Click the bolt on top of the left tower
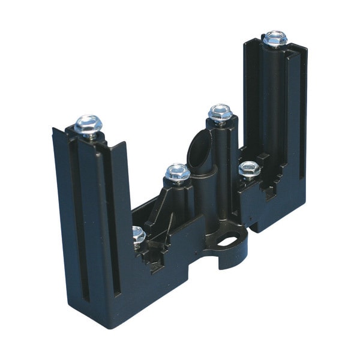click(x=88, y=125)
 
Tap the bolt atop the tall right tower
click(x=275, y=38)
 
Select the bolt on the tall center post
click(x=220, y=113)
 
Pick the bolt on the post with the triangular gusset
click(x=178, y=173)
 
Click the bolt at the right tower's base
click(x=249, y=170)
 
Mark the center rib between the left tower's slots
click(x=95, y=222)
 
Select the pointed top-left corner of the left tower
click(x=54, y=129)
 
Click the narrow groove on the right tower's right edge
click(x=302, y=120)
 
